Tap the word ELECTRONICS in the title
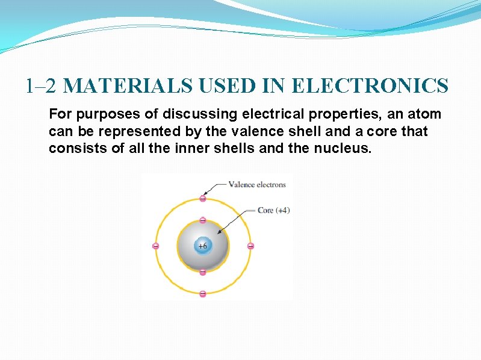370,86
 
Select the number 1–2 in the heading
42,86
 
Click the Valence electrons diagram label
257,184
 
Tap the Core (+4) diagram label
274,210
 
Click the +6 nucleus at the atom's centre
203,246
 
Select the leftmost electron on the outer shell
155,246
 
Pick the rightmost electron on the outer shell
250,246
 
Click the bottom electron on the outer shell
203,293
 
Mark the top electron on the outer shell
203,199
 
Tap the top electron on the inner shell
203,220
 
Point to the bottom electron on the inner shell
203,272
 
